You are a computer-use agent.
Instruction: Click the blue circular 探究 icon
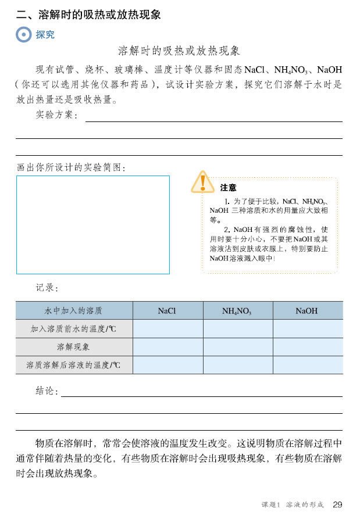coord(24,35)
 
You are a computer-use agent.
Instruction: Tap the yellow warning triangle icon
coord(202,182)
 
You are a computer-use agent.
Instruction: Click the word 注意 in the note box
coord(229,188)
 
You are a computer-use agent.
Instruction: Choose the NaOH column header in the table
coord(306,311)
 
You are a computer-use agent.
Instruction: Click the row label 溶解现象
coord(73,347)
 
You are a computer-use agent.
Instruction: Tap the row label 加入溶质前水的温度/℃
coord(73,329)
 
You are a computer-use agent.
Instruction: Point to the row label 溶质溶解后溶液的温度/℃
coord(73,365)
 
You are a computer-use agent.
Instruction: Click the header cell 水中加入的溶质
coord(73,311)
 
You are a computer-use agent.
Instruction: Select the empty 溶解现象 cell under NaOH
coord(308,347)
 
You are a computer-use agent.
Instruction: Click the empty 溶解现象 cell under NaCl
coord(167,347)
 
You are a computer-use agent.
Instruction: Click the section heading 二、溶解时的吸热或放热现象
coord(88,15)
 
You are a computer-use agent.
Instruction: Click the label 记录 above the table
coord(47,287)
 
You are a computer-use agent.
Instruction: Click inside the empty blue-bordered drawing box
coord(93,224)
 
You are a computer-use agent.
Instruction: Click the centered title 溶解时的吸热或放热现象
coord(179,51)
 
